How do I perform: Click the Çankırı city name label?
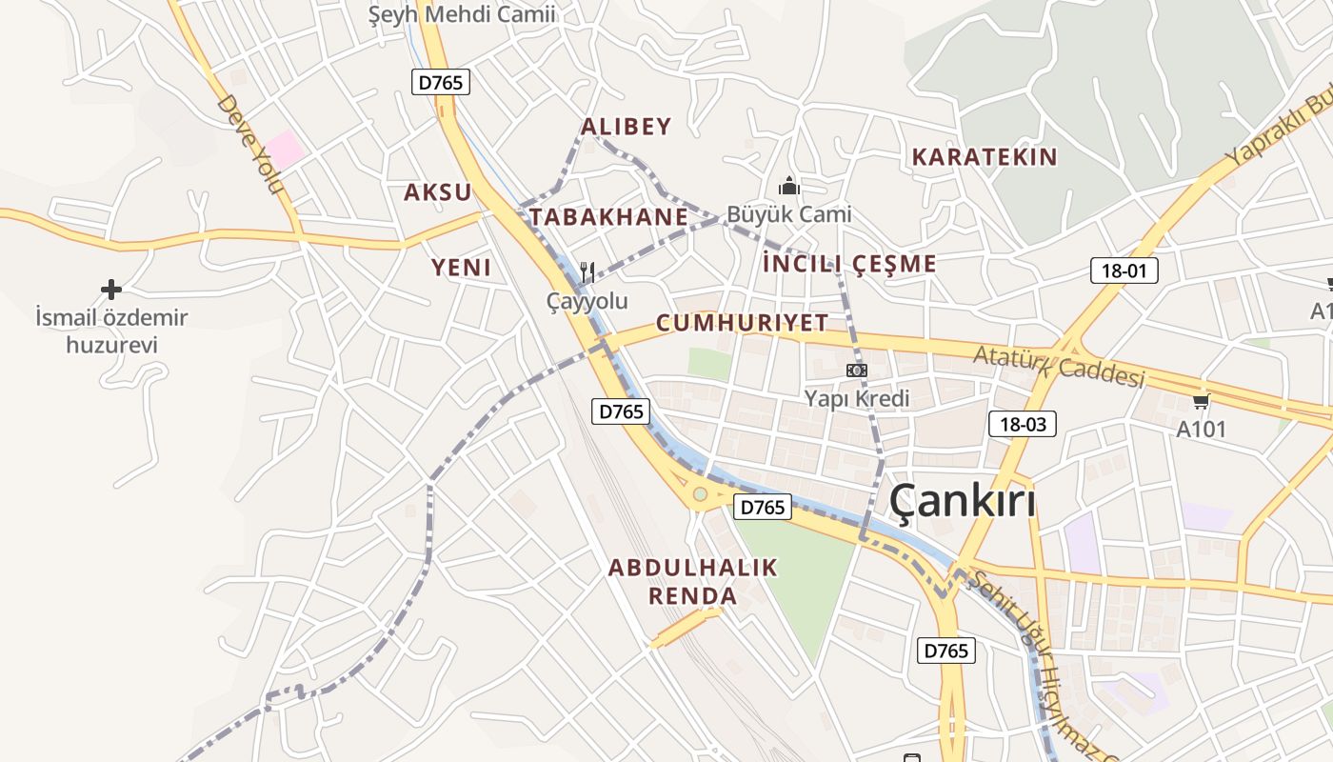click(963, 502)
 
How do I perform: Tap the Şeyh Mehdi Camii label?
click(462, 14)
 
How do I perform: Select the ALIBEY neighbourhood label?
click(626, 127)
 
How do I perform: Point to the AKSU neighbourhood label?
click(438, 192)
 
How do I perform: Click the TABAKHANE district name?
click(608, 217)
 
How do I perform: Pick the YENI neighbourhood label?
click(462, 268)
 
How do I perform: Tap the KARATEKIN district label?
click(985, 157)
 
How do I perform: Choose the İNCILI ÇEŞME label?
click(849, 264)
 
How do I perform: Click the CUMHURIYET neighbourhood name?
click(742, 323)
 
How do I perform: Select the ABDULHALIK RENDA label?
click(693, 583)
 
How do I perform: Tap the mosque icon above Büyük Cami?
click(789, 186)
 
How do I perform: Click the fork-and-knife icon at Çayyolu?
click(587, 273)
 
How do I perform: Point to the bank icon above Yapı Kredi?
click(857, 370)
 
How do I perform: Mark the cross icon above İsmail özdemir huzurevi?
click(111, 289)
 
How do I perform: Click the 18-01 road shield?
click(1124, 271)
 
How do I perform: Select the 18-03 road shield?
click(1023, 424)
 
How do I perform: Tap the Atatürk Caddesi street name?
click(1058, 367)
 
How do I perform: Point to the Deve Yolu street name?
click(251, 144)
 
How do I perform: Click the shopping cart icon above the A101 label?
click(1202, 401)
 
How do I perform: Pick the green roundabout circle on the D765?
click(701, 493)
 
